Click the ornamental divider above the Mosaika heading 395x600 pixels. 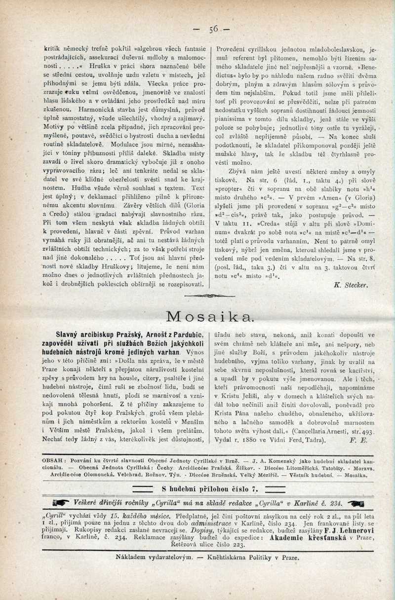point(209,296)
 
